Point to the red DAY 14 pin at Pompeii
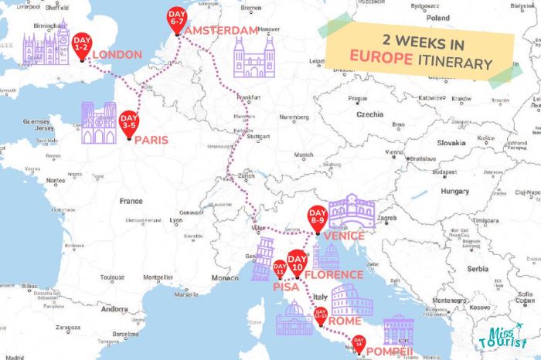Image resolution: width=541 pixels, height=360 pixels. [358, 343]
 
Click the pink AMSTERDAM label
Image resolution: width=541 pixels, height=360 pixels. [222, 29]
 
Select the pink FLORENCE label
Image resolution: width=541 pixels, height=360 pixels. [333, 274]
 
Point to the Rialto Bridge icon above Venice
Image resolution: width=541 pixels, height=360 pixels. [352, 211]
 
